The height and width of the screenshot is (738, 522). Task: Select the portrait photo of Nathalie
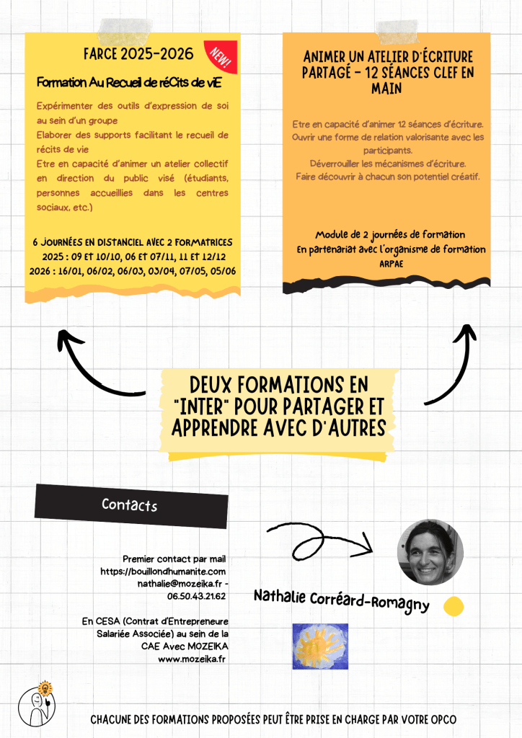pos(430,552)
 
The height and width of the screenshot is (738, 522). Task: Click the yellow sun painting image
pos(320,646)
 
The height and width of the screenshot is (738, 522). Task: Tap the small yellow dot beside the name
pos(454,606)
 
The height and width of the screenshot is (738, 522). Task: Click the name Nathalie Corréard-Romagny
pos(341,600)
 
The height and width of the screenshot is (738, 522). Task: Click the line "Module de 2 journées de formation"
pos(389,235)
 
